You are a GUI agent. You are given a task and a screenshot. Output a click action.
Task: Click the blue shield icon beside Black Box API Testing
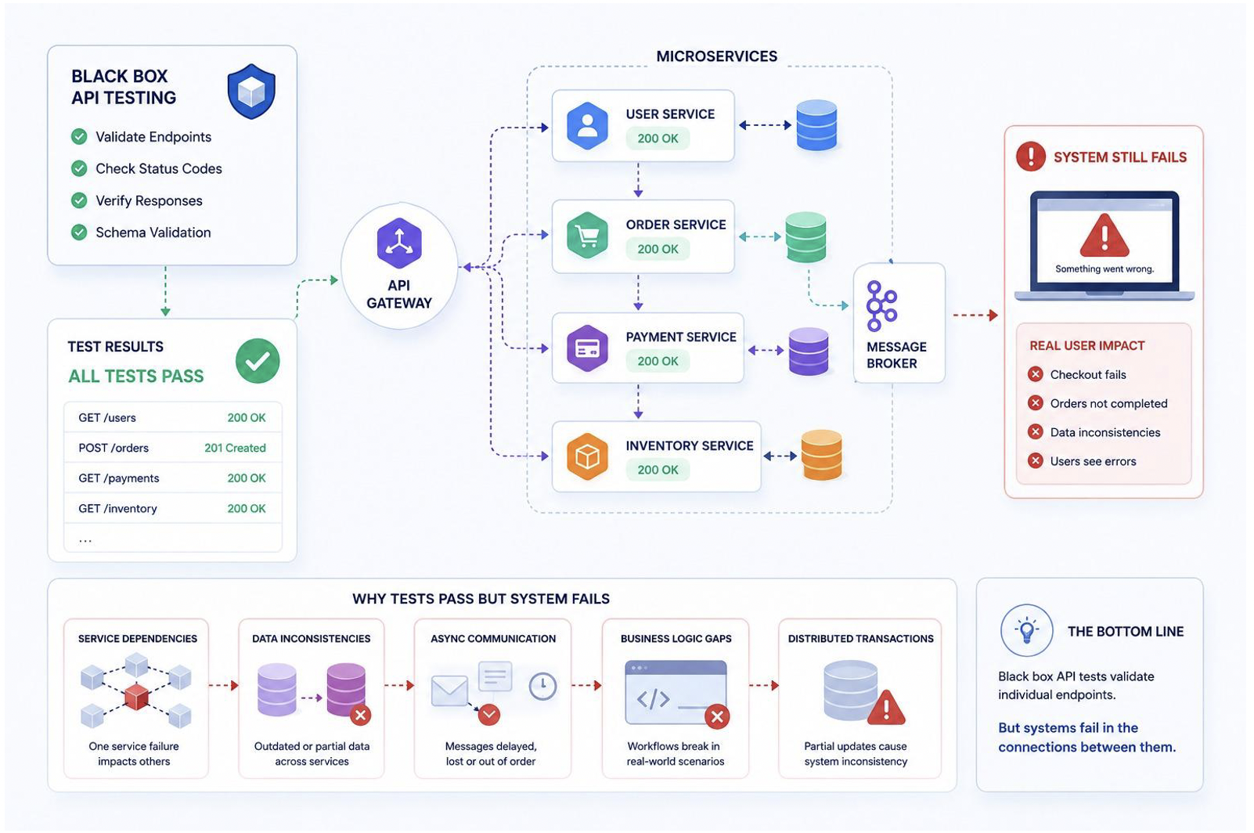[251, 92]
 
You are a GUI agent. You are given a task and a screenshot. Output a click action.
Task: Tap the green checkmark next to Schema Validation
[80, 233]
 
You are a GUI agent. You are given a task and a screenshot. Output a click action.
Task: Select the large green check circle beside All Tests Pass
[258, 361]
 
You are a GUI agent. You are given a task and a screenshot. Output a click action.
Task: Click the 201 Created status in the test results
[235, 448]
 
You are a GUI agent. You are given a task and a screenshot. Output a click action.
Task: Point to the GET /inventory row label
[117, 508]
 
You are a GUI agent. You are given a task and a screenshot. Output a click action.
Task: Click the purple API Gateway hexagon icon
[399, 243]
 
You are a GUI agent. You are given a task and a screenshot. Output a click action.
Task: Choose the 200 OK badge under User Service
[658, 139]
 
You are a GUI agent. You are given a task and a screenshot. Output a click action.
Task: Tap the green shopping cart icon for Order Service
[587, 235]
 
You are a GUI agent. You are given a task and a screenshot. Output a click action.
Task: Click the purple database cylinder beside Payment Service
[809, 352]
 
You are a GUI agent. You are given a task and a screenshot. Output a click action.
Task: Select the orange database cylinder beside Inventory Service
[821, 455]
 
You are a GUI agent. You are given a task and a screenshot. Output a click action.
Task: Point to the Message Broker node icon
[881, 305]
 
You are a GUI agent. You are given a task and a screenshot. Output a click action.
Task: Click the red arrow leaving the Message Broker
[975, 316]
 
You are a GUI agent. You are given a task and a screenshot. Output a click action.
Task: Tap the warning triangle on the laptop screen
[1104, 235]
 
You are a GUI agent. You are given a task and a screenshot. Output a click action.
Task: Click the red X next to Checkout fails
[1036, 374]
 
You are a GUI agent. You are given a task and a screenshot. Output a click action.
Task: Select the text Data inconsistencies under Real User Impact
[1105, 432]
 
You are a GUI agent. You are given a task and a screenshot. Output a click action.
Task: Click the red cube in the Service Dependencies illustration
[137, 697]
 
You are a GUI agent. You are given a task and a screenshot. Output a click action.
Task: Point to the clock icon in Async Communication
[542, 687]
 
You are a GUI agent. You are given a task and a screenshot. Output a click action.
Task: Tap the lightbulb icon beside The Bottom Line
[1027, 630]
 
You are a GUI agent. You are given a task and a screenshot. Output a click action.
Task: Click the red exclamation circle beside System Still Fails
[1031, 157]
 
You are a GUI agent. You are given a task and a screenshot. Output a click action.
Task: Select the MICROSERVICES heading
[716, 56]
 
